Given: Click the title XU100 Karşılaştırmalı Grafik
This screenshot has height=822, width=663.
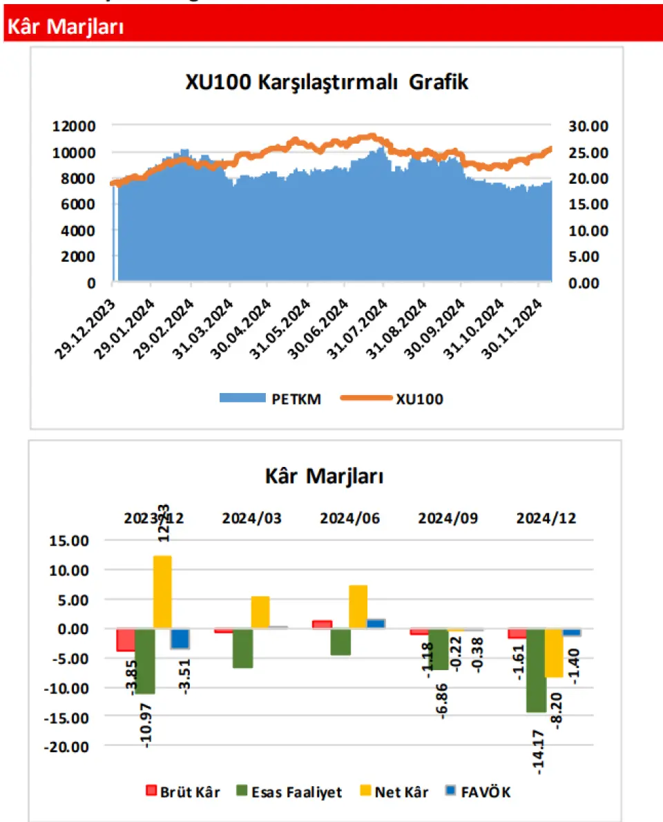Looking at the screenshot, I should pyautogui.click(x=327, y=82).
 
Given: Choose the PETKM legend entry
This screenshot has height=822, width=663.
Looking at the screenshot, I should pyautogui.click(x=270, y=399).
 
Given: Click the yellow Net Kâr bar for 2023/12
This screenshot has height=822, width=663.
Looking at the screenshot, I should pyautogui.click(x=162, y=592).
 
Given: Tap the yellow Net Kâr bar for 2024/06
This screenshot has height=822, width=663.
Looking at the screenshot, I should pyautogui.click(x=358, y=606).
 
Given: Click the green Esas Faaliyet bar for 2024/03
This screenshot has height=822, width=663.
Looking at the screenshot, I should pyautogui.click(x=242, y=648).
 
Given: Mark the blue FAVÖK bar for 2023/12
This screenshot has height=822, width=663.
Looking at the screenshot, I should pyautogui.click(x=180, y=638).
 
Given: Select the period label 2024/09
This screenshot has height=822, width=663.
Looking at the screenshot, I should pyautogui.click(x=448, y=519).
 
